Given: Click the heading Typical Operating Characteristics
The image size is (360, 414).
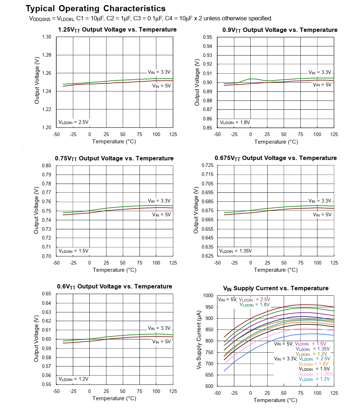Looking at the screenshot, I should click(96, 8).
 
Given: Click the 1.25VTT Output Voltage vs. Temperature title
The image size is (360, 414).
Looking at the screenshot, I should click(117, 30).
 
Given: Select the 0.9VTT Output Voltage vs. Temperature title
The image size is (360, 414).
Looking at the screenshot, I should click(280, 30).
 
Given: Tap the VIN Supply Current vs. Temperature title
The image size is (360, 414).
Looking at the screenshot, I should click(276, 288).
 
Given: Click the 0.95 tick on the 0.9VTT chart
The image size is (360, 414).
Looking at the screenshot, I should click(207, 37).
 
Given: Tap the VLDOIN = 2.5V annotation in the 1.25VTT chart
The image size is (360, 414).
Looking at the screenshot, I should click(73, 122).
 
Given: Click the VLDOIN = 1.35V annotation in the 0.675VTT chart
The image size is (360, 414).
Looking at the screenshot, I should click(235, 251).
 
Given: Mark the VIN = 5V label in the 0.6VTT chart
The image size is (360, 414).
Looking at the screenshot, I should click(161, 341).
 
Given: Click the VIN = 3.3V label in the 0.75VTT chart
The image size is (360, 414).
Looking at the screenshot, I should click(159, 201).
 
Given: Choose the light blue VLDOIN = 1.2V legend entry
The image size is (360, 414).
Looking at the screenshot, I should click(314, 379).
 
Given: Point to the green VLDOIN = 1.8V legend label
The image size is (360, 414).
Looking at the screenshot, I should click(255, 305).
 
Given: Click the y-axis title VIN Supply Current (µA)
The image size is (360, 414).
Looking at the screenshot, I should click(199, 341).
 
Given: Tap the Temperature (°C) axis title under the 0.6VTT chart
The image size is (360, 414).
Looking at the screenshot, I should click(114, 398).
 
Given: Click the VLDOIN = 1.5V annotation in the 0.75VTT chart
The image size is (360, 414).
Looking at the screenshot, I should click(73, 251).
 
